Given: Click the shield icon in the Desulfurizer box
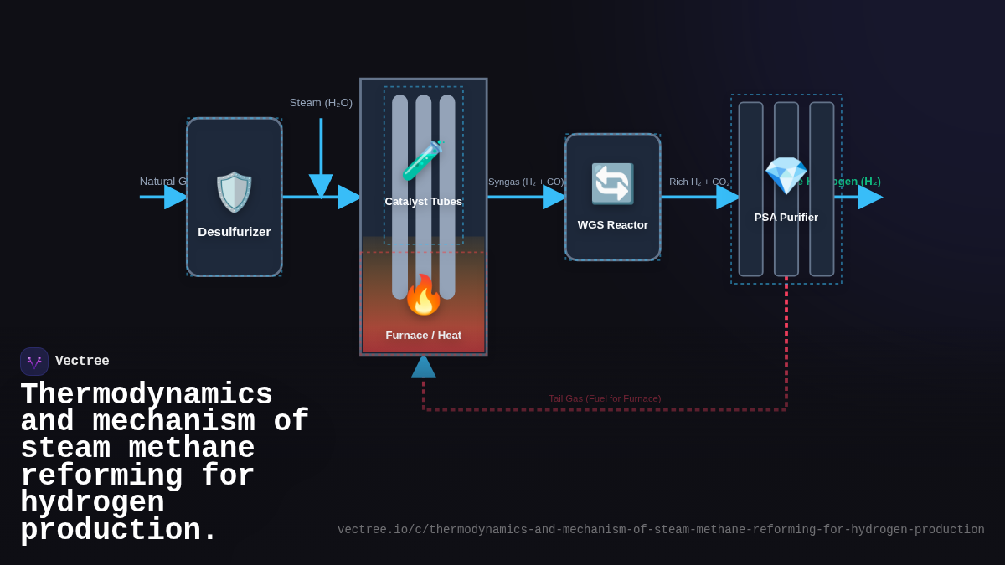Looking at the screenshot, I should (x=234, y=193).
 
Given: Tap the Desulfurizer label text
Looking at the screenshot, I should (x=234, y=232).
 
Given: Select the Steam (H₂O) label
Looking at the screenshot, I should (x=321, y=103).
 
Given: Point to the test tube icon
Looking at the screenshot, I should (x=422, y=161).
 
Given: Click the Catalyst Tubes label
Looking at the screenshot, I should (x=423, y=202).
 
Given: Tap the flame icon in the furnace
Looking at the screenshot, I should (x=423, y=295).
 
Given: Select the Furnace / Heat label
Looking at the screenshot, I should (x=423, y=336).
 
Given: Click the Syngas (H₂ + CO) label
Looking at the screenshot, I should (x=526, y=182).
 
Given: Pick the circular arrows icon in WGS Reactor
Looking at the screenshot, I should (x=612, y=184).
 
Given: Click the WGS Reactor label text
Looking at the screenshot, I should (x=612, y=225).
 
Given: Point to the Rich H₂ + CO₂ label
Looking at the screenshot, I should (x=699, y=182).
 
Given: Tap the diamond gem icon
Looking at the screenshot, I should (x=786, y=176).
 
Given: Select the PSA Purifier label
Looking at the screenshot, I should (x=786, y=218).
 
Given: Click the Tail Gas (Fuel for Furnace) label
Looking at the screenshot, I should (x=605, y=398).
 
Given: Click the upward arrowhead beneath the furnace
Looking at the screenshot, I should (x=423, y=366).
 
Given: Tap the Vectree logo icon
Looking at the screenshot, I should (x=34, y=362).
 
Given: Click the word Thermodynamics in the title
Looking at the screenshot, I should (x=147, y=394).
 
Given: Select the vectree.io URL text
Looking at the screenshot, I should (x=661, y=530).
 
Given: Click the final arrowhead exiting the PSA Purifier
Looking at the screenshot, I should (x=870, y=197).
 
